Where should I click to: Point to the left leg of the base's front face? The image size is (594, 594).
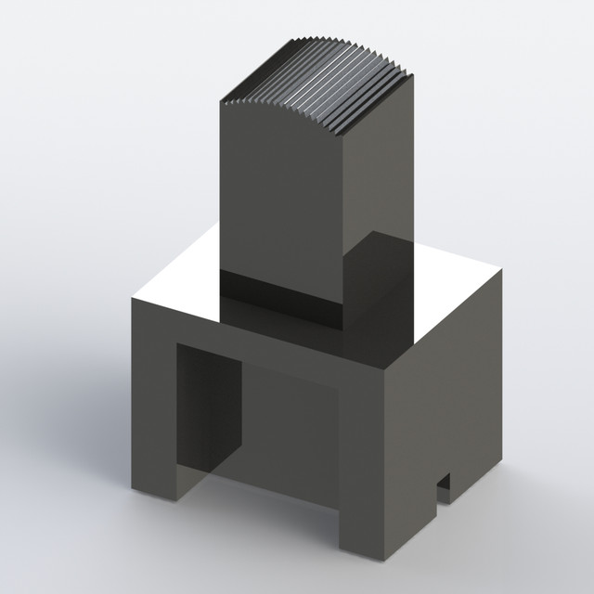tap(154, 408)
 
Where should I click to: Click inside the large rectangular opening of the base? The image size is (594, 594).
tap(278, 436)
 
